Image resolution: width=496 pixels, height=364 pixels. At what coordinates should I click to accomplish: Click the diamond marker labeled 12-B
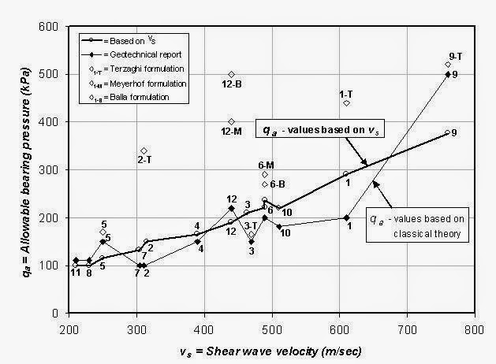pos(231,74)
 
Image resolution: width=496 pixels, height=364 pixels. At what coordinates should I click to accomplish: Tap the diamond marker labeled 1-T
pos(346,103)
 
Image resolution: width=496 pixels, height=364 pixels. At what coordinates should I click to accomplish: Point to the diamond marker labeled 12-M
pos(231,121)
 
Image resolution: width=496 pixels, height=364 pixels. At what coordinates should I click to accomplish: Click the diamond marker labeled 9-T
pos(448,65)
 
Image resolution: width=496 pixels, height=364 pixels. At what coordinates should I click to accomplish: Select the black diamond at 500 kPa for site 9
pos(448,74)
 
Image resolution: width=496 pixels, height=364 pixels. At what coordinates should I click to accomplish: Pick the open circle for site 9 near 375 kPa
pos(447,133)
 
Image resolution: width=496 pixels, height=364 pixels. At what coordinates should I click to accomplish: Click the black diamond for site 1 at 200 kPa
pos(346,217)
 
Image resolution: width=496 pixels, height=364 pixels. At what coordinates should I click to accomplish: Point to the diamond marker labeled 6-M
pos(265,174)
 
